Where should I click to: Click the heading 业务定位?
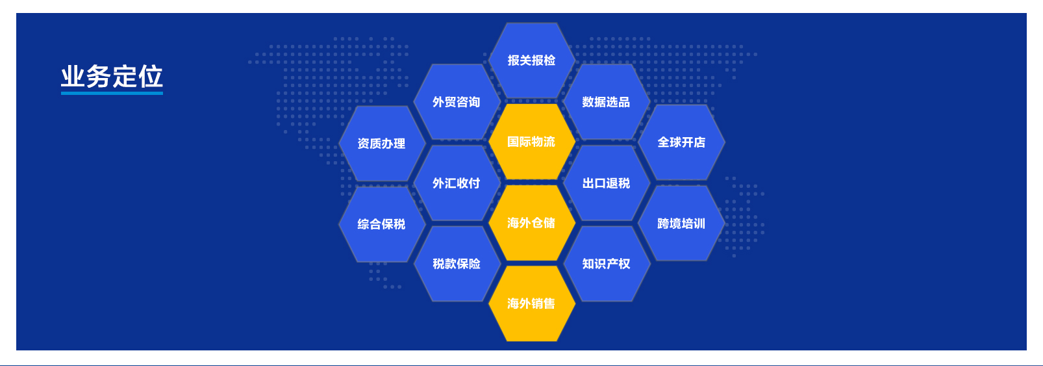(112, 77)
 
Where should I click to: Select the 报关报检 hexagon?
(531, 60)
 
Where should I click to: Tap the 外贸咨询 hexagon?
(457, 101)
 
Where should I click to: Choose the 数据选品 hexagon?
(606, 101)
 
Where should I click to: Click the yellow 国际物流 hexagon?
(531, 141)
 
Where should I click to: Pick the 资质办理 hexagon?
(381, 143)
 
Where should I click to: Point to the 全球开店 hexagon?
(681, 142)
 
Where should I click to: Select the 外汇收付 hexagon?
(457, 183)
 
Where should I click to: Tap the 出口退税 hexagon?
(606, 183)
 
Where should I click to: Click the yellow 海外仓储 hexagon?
(531, 223)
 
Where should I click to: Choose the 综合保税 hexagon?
(381, 224)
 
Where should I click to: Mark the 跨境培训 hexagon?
(681, 224)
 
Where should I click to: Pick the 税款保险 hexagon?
(457, 264)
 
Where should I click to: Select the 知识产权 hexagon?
(606, 264)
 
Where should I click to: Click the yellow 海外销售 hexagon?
(531, 304)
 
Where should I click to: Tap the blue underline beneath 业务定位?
(112, 93)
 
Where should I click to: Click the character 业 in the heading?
(73, 77)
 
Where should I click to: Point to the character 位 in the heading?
(151, 77)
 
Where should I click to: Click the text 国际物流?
(531, 142)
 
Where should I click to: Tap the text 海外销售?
(531, 304)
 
